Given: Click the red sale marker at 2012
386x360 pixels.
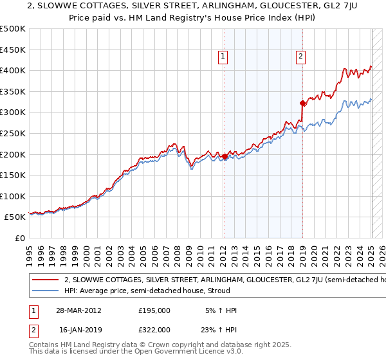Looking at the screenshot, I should [225, 156].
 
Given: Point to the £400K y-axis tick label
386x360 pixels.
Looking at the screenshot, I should [13, 70].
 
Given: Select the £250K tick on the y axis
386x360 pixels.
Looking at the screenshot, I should [13, 133].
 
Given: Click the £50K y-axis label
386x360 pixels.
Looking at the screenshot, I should [15, 217].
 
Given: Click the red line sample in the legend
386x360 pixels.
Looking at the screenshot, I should [44, 280].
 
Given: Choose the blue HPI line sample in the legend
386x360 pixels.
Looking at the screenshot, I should [44, 291].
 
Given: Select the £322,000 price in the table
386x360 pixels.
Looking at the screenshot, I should [154, 329].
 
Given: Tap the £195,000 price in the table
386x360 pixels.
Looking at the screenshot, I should [154, 310].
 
